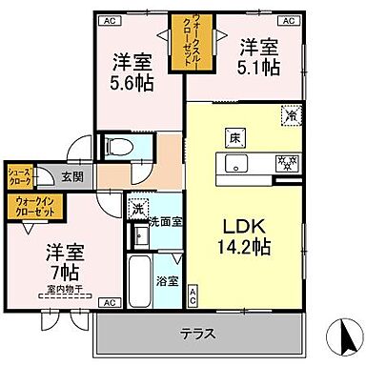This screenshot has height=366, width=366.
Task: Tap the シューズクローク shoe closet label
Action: [21, 175]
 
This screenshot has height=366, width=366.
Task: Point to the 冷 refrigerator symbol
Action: [289, 115]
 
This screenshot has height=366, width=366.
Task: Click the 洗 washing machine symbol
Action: [138, 210]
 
